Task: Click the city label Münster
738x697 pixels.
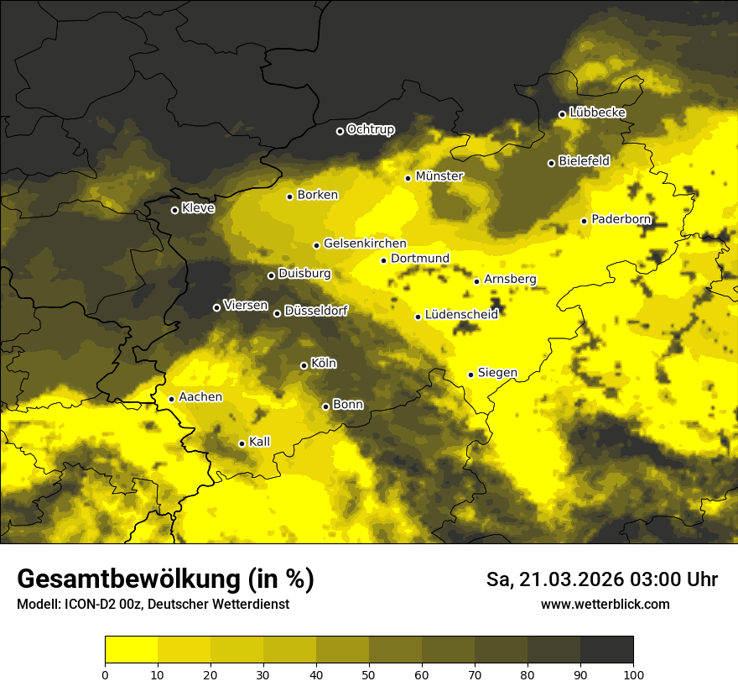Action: point(439,176)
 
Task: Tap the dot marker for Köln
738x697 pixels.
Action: point(304,365)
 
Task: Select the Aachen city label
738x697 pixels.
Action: point(200,397)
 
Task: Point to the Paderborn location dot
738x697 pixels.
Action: point(585,221)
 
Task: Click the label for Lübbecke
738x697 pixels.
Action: point(597,113)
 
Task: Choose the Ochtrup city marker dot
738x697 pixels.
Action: point(340,131)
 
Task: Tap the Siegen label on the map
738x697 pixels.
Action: point(497,373)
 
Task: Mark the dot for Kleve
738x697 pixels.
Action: point(174,210)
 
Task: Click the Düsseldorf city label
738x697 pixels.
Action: point(316,311)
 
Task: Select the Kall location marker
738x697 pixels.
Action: point(242,443)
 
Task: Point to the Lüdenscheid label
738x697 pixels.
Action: point(461,315)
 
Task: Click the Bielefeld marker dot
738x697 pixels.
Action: point(551,163)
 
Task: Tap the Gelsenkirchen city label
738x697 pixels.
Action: point(365,244)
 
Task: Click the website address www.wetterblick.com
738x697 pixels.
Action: point(605,605)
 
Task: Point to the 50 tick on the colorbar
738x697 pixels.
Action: point(369,673)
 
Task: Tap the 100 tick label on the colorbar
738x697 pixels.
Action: point(633,673)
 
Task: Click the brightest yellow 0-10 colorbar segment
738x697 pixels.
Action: point(131,650)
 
